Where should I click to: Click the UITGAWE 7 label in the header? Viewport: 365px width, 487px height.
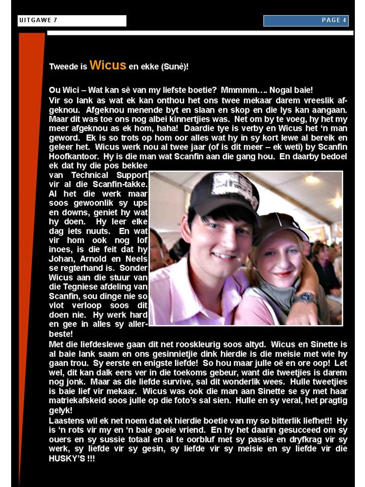[x=39, y=20]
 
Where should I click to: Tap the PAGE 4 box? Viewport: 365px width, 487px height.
[x=306, y=20]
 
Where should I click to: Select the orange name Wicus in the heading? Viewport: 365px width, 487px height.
[x=107, y=65]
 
